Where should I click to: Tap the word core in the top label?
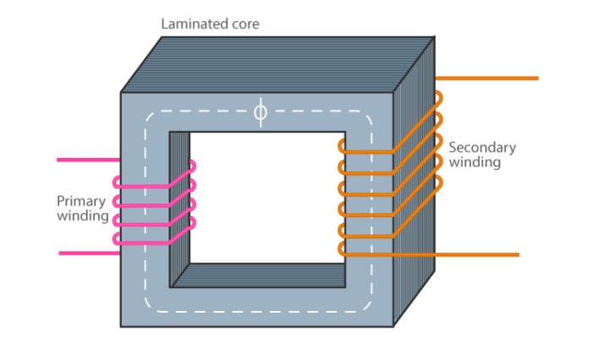click(x=243, y=24)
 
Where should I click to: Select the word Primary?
click(x=81, y=201)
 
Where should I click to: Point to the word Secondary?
click(x=482, y=147)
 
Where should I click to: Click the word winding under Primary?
click(x=83, y=216)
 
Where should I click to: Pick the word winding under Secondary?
click(x=474, y=162)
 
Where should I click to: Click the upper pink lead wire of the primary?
click(x=85, y=159)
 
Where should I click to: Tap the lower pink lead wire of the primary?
click(x=85, y=253)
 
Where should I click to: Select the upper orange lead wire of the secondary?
click(x=491, y=79)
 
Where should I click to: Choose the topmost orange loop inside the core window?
click(x=342, y=146)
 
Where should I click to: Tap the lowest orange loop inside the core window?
click(x=342, y=248)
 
